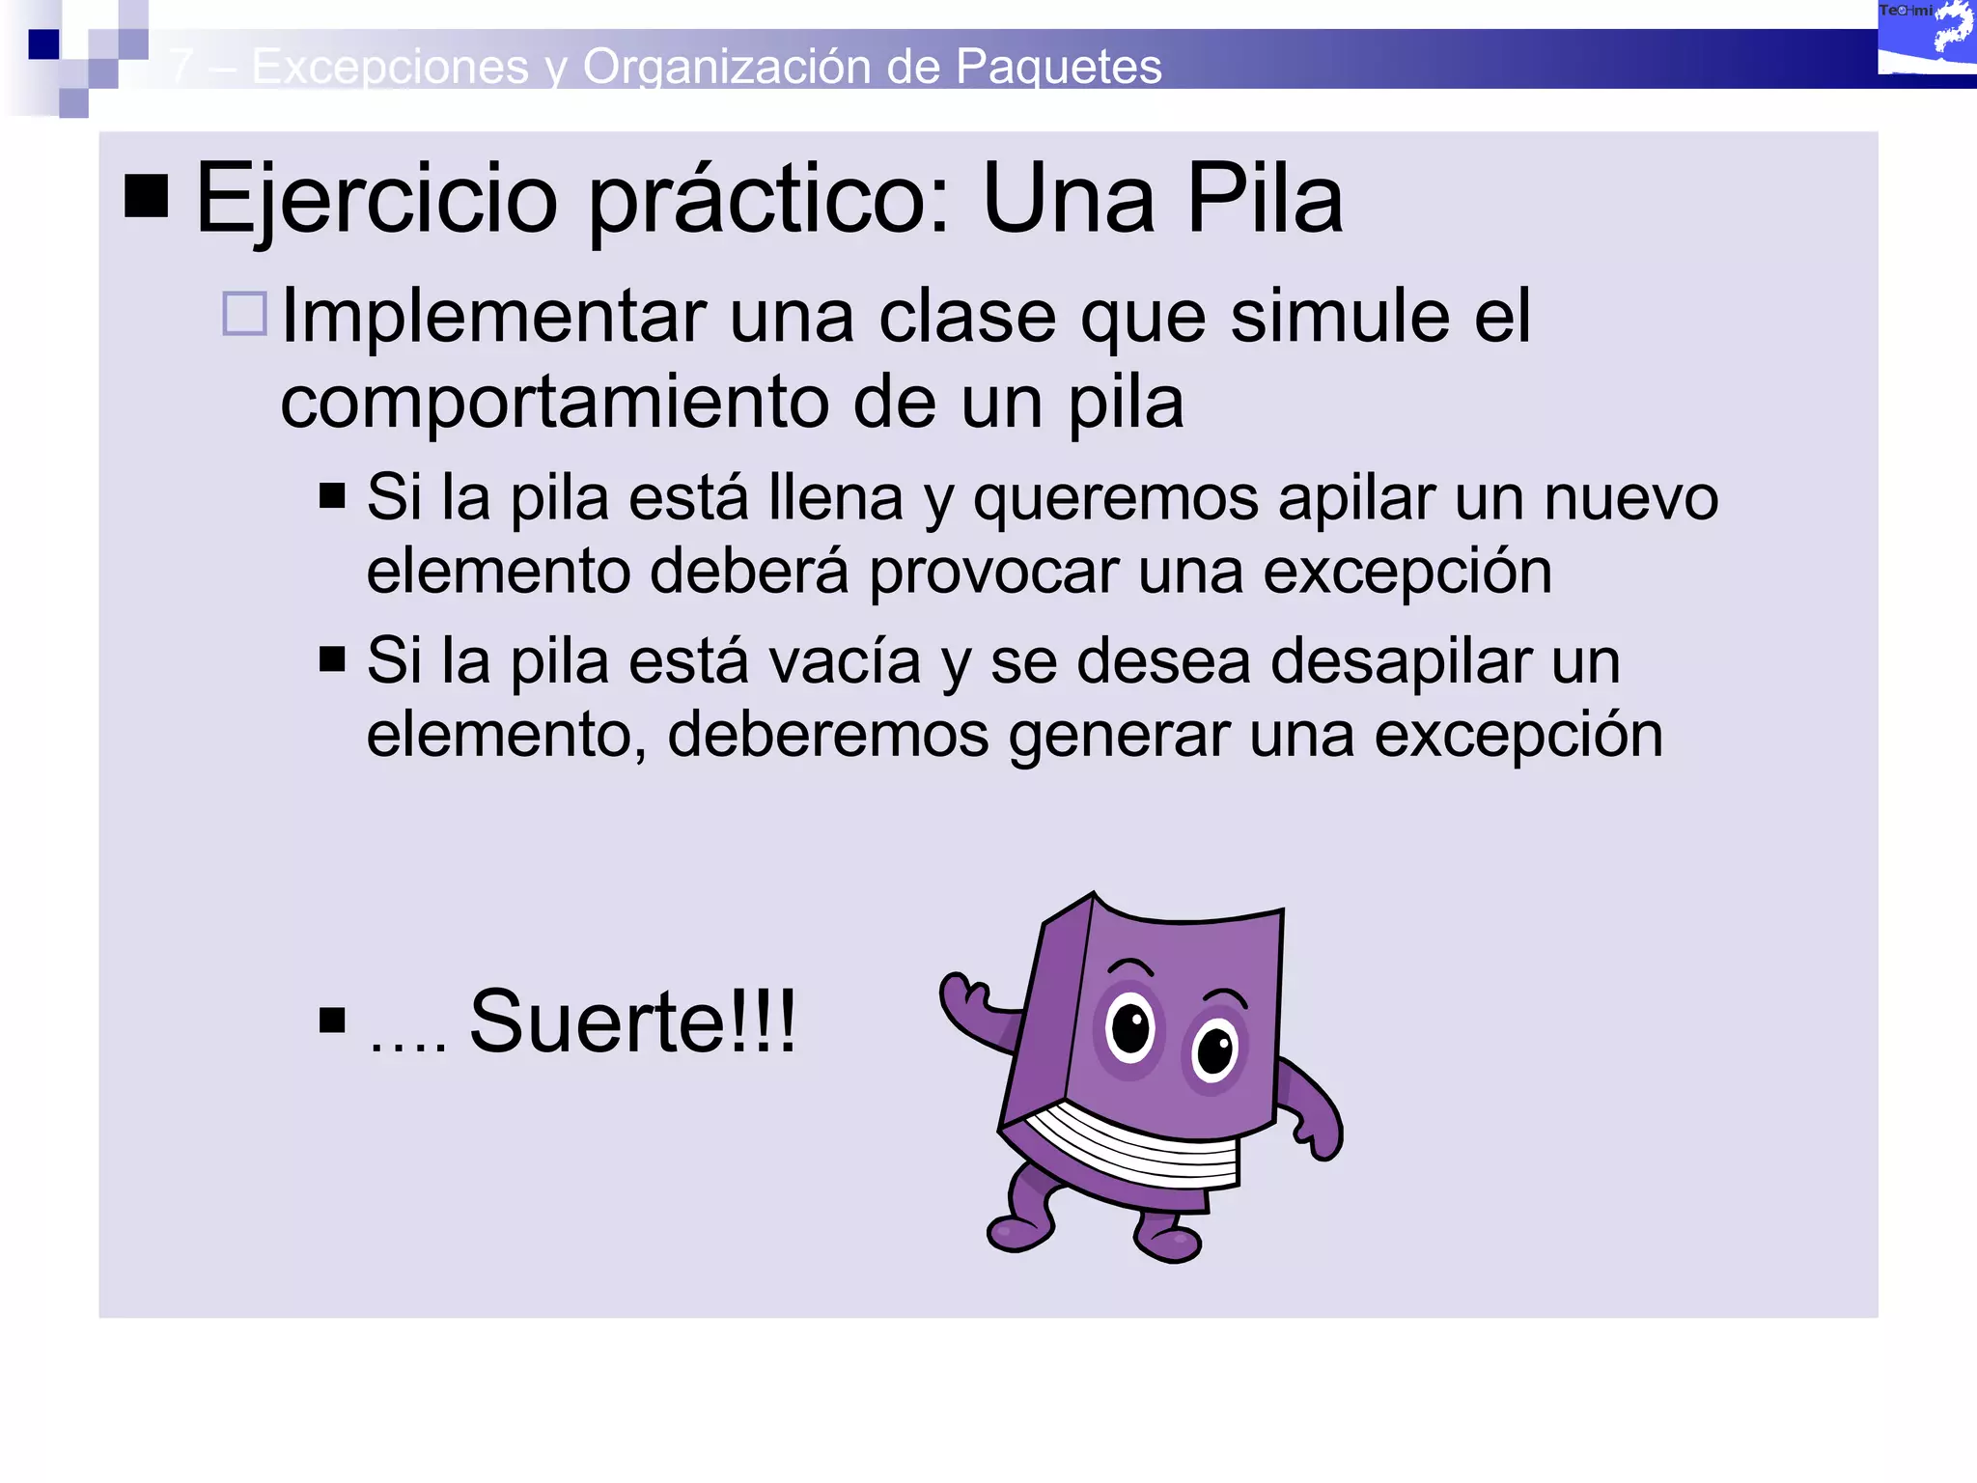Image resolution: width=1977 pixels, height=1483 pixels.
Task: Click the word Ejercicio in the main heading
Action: pyautogui.click(x=376, y=200)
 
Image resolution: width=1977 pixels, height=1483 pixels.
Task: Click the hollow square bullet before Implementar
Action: pyautogui.click(x=244, y=314)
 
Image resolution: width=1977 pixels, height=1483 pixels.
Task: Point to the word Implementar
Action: pyautogui.click(x=493, y=317)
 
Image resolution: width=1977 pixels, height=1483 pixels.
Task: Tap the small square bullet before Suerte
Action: pyautogui.click(x=332, y=1021)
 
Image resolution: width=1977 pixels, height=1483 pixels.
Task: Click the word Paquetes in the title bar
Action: pyautogui.click(x=1058, y=67)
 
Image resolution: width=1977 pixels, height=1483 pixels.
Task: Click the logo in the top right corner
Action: pyautogui.click(x=1926, y=39)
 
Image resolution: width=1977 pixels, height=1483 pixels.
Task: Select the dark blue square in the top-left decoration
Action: pyautogui.click(x=43, y=44)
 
